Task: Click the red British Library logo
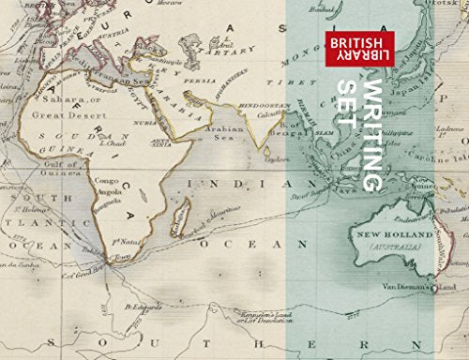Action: [x=359, y=52]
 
